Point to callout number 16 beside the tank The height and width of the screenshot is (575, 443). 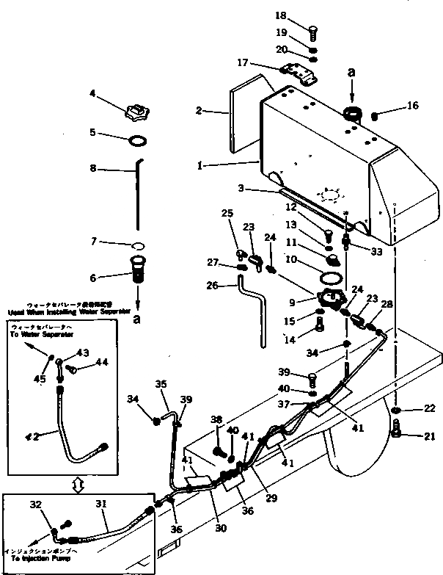(413, 106)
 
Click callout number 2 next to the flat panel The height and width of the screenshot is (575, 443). (199, 112)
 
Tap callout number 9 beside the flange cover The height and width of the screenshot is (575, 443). (293, 300)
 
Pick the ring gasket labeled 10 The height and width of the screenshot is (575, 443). (332, 279)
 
